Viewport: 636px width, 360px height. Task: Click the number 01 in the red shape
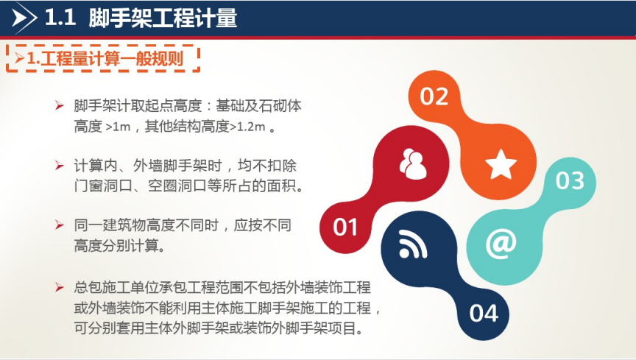point(345,227)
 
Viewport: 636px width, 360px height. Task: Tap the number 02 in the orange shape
point(434,96)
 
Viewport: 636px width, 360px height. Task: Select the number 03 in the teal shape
point(570,180)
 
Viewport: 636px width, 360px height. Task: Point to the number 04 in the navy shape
point(484,314)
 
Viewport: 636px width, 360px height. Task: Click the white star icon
point(501,164)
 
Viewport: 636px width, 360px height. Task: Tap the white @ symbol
point(501,244)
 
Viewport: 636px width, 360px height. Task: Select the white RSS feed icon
point(413,244)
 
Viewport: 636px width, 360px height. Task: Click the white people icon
point(413,164)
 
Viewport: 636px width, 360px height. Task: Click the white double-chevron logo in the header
point(24,18)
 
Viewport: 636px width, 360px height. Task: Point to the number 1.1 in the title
point(60,18)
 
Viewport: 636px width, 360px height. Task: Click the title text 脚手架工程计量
point(163,18)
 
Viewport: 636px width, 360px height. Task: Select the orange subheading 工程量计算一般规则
point(112,59)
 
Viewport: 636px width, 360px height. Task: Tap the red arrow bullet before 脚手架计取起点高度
point(60,106)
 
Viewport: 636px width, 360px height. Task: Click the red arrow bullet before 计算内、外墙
point(60,166)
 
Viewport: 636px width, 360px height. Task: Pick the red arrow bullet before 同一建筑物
point(60,225)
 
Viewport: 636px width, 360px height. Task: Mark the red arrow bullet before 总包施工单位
point(60,287)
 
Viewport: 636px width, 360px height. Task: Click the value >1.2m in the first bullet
point(247,127)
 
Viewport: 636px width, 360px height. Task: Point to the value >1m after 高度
point(118,127)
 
